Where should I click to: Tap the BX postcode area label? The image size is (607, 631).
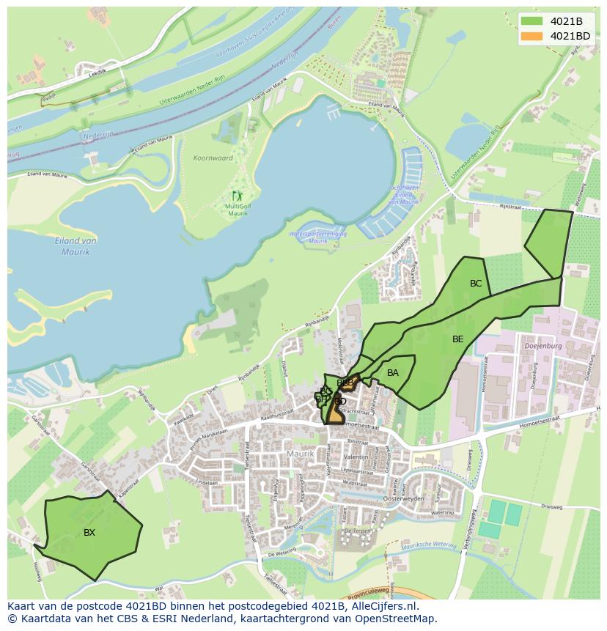point(89,533)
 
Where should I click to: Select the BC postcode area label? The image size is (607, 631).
point(476,284)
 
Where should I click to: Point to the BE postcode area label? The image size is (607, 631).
point(458,339)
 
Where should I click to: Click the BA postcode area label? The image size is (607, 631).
point(393,373)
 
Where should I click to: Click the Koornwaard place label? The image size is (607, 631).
point(213,158)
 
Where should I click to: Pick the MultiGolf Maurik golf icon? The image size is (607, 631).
point(237,196)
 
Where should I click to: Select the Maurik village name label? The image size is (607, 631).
point(301,454)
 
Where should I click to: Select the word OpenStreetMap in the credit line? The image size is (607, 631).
point(400,619)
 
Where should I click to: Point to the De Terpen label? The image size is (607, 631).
point(358,530)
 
